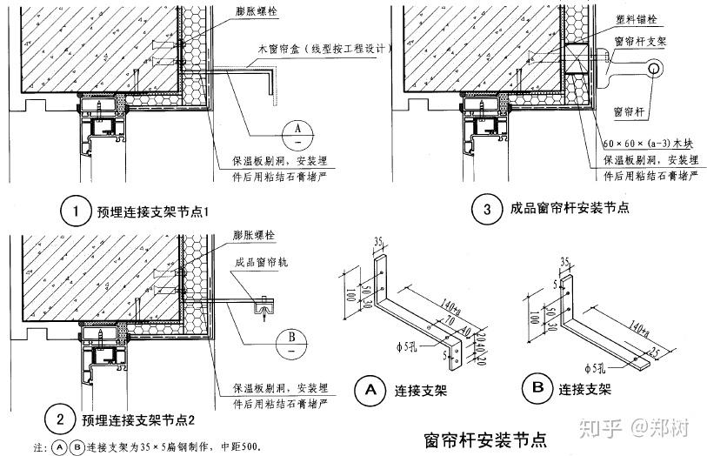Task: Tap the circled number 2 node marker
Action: pos(61,421)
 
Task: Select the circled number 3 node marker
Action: pos(485,209)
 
